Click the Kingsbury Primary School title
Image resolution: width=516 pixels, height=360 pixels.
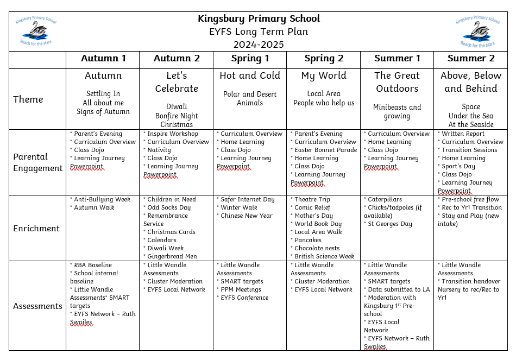coord(259,19)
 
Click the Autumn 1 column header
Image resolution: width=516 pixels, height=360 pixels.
coord(103,59)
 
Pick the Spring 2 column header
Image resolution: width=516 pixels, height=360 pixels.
coord(324,59)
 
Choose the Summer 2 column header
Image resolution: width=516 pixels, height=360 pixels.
coord(471,59)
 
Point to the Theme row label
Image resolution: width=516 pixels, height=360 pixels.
coord(28,99)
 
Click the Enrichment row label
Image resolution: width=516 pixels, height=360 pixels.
coord(36,228)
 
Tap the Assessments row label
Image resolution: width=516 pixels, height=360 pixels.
coord(37,306)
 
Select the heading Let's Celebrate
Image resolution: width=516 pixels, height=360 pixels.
coord(177,82)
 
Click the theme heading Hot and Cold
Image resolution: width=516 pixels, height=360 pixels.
coord(250,76)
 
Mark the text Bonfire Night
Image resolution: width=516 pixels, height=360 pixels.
coord(177,116)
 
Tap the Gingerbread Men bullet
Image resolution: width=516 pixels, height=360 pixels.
coord(172,256)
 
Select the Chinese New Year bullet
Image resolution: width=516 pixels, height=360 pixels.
coord(246,216)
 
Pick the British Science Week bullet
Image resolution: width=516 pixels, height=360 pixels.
coord(324,256)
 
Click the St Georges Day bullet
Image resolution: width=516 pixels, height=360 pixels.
coord(389,224)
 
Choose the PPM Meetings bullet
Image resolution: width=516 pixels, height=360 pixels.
coord(241,289)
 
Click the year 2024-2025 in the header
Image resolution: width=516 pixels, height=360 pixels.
coord(259,45)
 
